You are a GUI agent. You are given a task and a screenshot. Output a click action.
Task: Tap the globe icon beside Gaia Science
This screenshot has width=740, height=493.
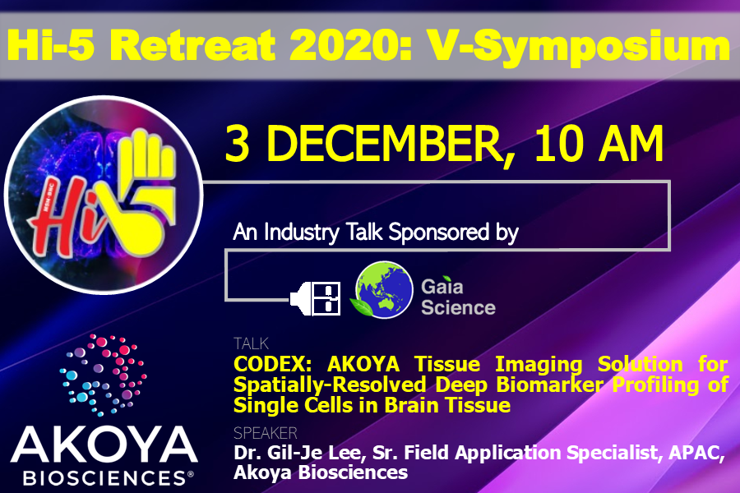coord(382,289)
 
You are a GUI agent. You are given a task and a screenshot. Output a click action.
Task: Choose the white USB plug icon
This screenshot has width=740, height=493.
coord(315,298)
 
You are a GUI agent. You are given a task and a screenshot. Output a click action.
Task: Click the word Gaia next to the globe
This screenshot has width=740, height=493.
coord(442,286)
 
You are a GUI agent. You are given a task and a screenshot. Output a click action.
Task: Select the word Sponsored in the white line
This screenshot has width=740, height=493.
coord(438,232)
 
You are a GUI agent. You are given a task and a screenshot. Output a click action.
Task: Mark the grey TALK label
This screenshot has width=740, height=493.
coord(251,343)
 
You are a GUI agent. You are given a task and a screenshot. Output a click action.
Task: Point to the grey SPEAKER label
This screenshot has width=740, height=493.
coord(266,433)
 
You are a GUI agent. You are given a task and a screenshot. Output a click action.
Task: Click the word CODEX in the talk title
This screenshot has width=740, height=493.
coord(272,364)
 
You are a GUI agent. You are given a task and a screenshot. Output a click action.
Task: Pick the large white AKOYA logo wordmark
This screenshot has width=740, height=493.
coord(104,445)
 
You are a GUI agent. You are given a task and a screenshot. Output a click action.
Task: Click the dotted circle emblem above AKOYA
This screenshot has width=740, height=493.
coord(103,375)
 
